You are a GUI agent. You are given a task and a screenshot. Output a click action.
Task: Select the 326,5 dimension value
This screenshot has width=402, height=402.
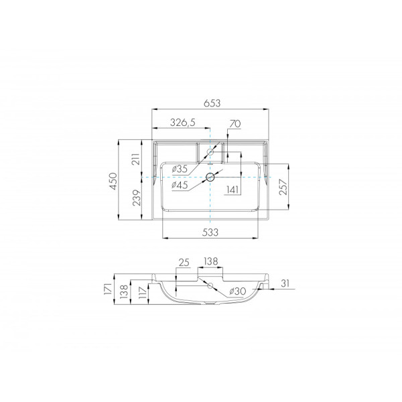pos(182,122)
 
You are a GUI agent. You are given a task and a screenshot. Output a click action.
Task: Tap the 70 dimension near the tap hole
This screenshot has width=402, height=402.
pos(234,123)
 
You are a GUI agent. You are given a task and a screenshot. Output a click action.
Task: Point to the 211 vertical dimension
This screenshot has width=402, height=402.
pos(135,159)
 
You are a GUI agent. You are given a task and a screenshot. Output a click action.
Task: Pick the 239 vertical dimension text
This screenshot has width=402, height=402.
pos(135,199)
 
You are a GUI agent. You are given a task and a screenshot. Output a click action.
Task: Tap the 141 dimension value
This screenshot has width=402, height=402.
pos(232,190)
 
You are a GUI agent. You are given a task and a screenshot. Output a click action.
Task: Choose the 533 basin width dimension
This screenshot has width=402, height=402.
pos(212,231)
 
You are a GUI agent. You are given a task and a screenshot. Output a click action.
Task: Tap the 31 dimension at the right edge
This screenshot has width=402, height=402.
pos(286,284)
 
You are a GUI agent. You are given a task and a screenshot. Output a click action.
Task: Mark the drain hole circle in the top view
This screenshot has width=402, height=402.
pos(211,177)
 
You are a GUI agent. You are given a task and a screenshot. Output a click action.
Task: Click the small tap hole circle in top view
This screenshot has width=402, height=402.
pos(211,153)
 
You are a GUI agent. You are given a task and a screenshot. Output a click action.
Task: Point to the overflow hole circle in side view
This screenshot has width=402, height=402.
pos(211,285)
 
